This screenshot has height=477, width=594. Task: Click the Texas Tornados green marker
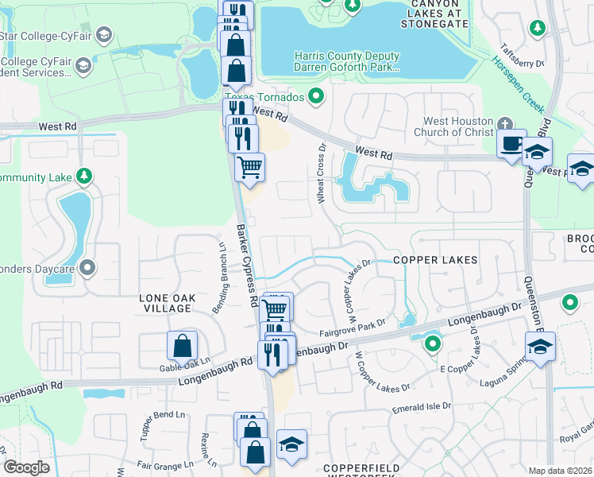(x=317, y=97)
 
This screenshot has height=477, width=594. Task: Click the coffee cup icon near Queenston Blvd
(x=511, y=145)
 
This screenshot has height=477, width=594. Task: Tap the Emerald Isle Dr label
(x=421, y=406)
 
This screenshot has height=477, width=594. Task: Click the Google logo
(x=26, y=467)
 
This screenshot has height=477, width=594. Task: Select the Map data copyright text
(x=561, y=471)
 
